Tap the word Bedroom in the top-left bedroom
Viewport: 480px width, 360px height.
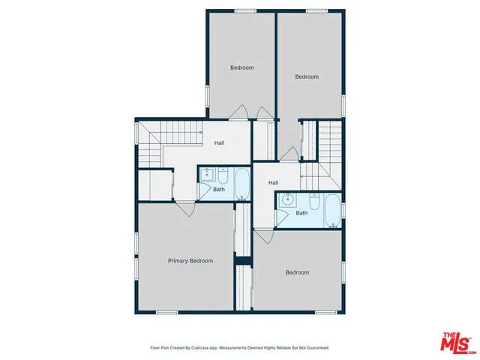point(241,67)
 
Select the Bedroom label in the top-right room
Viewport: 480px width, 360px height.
point(307,76)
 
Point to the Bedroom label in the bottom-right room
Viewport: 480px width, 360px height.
point(297,272)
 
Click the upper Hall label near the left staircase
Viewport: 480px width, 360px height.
point(220,143)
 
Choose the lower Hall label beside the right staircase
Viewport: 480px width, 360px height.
point(274,182)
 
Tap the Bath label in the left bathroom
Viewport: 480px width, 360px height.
point(219,189)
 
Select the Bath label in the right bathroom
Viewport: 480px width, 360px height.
point(301,213)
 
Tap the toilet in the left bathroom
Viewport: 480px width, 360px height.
point(223,175)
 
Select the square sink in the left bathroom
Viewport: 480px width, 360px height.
point(208,176)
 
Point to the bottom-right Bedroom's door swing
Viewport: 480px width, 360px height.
point(262,235)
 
